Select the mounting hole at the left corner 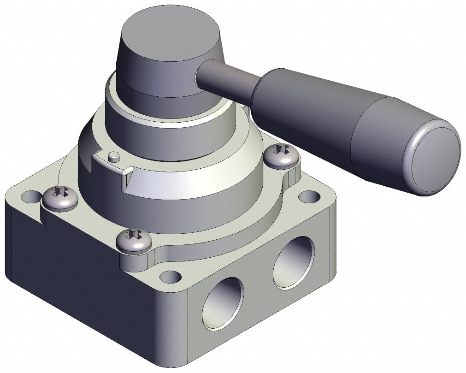pyautogui.click(x=31, y=197)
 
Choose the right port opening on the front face pyautogui.click(x=294, y=262)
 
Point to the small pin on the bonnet pyautogui.click(x=113, y=156)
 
